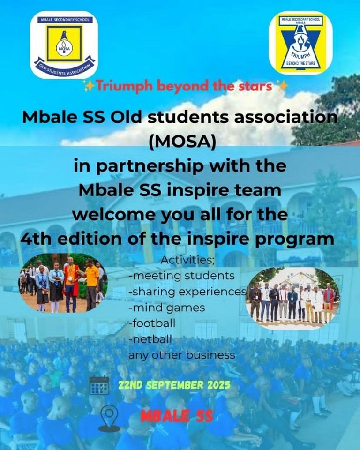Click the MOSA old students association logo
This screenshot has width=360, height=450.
tap(64, 45)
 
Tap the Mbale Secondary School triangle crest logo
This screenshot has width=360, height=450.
tap(300, 43)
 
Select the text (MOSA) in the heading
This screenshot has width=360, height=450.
tap(183, 142)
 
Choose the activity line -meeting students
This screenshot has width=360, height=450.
tap(182, 276)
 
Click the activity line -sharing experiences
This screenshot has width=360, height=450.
tap(188, 292)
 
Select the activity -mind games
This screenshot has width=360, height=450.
tap(167, 307)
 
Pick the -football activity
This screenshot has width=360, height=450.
tap(152, 323)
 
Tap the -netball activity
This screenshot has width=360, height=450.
tap(150, 339)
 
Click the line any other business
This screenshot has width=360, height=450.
tap(182, 355)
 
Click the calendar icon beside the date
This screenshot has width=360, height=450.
tap(99, 385)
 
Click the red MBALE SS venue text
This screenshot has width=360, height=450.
tap(177, 416)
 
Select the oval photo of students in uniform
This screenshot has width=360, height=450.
tap(63, 283)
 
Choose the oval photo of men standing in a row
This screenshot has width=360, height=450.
tap(293, 298)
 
